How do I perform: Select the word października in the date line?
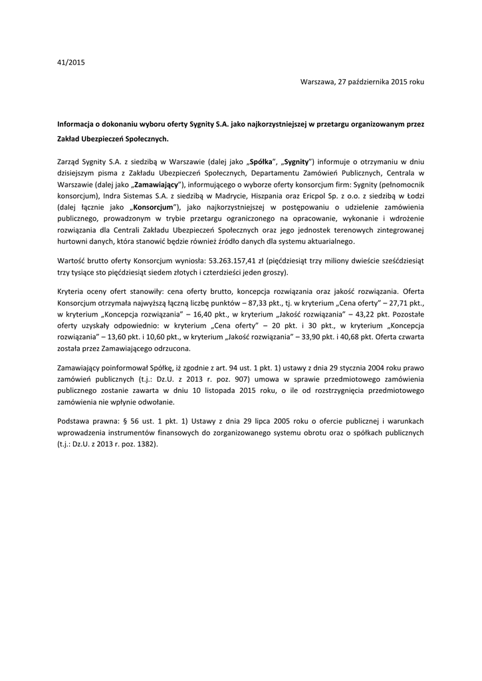[363, 82]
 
